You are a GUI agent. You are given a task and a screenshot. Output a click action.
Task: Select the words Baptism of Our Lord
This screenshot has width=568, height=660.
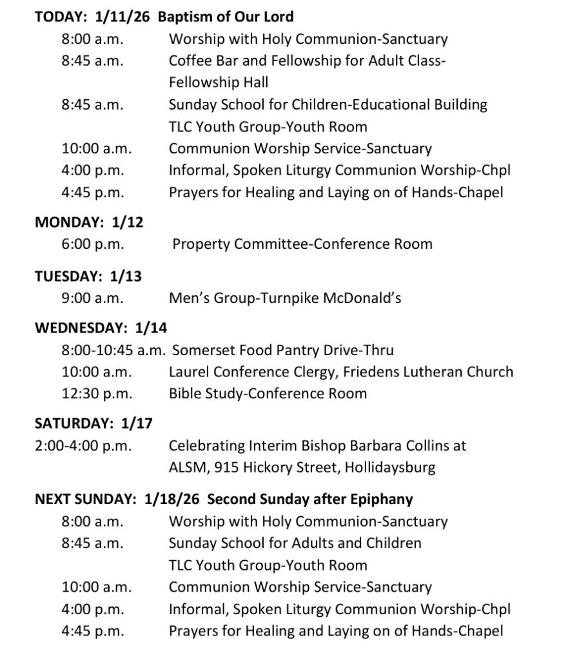(x=225, y=17)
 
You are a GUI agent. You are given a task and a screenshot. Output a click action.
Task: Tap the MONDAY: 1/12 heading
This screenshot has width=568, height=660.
(x=89, y=222)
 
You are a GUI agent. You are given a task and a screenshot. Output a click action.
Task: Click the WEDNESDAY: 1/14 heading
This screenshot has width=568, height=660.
(x=101, y=328)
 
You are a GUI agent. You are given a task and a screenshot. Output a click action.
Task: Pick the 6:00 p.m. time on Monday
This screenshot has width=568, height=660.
(x=93, y=244)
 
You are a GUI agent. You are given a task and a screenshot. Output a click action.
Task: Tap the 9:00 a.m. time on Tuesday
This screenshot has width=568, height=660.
(x=93, y=298)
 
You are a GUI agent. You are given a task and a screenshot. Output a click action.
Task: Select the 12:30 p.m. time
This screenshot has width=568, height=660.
(x=97, y=393)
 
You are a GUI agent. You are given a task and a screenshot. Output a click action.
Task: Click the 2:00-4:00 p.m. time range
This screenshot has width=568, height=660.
(x=83, y=445)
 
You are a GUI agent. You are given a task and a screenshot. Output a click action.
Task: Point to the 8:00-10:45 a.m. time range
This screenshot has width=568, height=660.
(x=113, y=350)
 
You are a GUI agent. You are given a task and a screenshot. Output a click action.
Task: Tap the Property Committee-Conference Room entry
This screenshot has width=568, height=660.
(x=302, y=244)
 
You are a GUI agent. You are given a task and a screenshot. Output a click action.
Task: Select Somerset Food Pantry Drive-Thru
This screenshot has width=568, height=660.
(x=282, y=350)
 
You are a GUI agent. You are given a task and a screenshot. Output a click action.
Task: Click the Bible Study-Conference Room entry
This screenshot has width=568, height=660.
(x=268, y=393)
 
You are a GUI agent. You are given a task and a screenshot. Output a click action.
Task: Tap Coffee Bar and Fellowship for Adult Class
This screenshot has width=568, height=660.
(x=307, y=61)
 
